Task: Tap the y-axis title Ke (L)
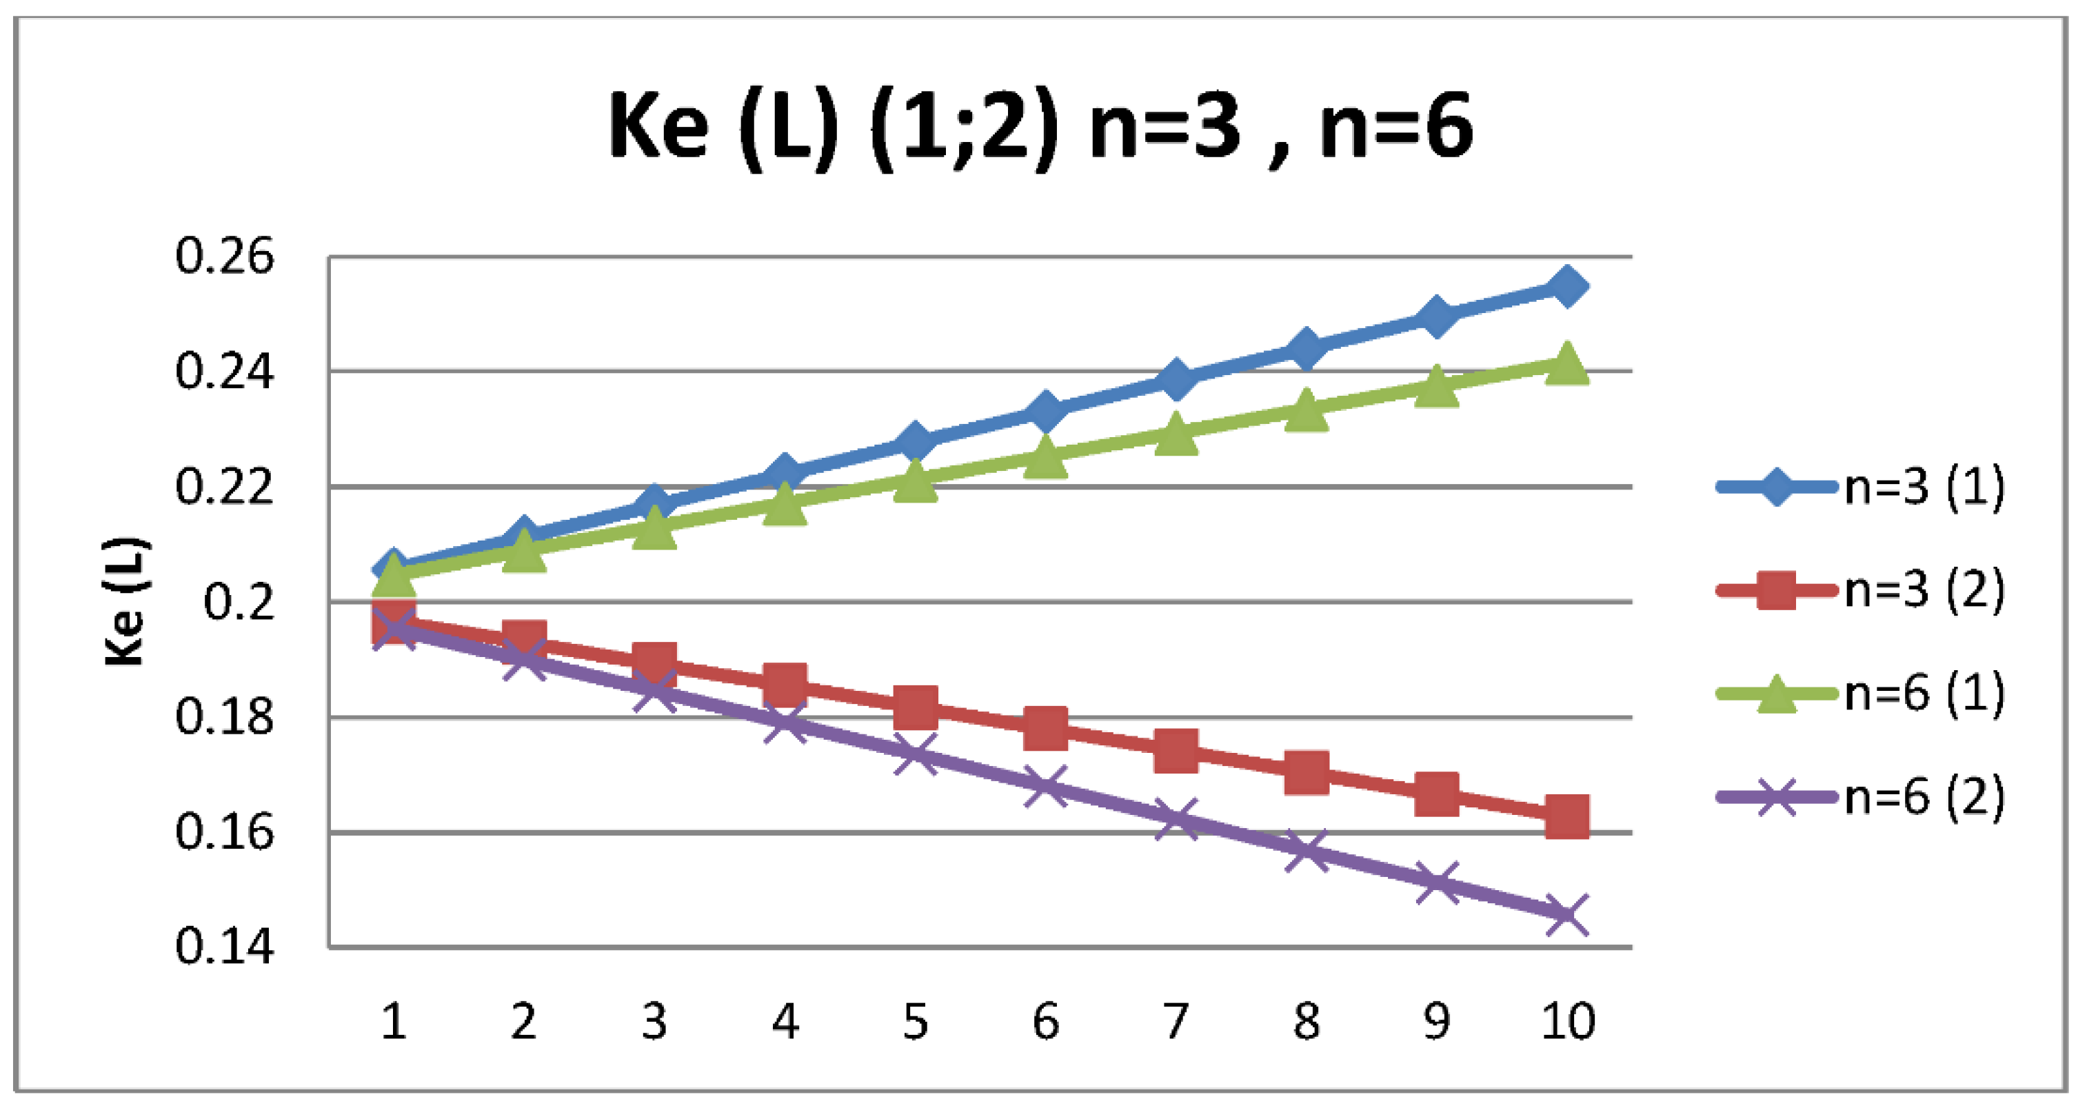(x=125, y=601)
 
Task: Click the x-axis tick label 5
(x=915, y=1021)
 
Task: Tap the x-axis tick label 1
(x=394, y=1021)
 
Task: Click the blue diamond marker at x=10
(x=1566, y=286)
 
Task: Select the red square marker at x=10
(x=1566, y=816)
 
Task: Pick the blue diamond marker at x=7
(x=1176, y=379)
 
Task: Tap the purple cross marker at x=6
(x=1045, y=786)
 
